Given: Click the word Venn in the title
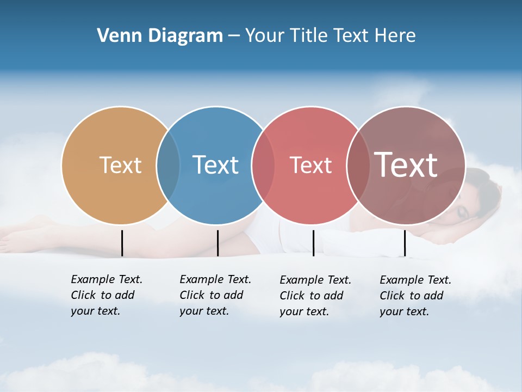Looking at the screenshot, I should (114, 36).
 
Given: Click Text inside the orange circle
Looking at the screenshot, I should (120, 165).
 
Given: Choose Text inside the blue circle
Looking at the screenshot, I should (215, 165).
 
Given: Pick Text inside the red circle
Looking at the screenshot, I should (310, 165).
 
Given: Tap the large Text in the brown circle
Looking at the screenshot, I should (406, 164).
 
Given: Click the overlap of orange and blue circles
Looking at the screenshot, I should (168, 166).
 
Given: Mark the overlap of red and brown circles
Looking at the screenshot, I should (358, 166).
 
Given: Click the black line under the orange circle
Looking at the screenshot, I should (122, 243).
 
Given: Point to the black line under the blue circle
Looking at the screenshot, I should (217, 243).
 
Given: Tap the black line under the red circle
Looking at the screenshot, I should (313, 243).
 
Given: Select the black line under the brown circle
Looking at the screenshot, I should (405, 243).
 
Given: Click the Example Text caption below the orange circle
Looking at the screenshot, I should (106, 295).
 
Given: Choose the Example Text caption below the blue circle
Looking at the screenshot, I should (215, 295).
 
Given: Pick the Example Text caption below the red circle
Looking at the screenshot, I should (315, 296).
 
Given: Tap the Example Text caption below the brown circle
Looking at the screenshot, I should (415, 296).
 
